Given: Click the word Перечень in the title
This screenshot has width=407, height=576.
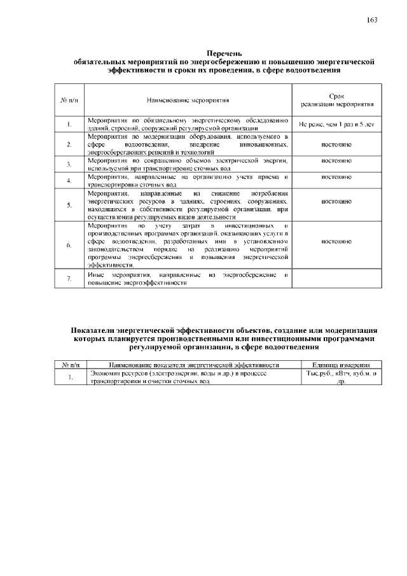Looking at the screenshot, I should point(224,53).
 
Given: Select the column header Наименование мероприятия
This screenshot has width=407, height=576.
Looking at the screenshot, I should point(188,100).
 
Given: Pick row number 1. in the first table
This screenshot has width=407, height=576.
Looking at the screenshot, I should point(68,124).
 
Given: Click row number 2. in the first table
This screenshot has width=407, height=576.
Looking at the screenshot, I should point(68,144).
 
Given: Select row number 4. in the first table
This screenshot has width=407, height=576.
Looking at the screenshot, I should point(68,181).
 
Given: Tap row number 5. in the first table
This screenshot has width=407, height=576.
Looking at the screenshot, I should point(68,205).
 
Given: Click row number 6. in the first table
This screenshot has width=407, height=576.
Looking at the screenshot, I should point(68,245).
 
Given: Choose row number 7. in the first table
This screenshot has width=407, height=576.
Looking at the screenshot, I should point(68,279).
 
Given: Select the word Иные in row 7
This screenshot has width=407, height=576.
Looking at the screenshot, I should point(95,274).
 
